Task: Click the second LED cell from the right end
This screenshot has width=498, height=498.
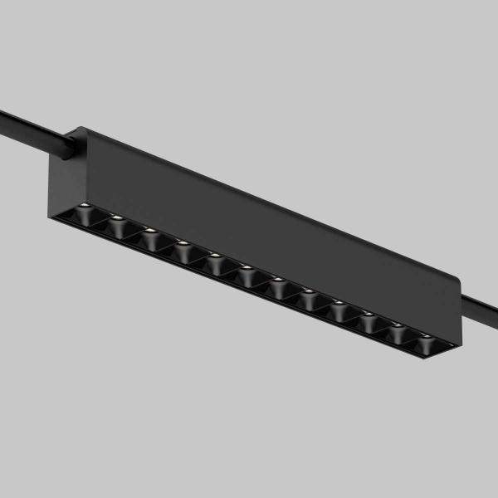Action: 398,330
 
